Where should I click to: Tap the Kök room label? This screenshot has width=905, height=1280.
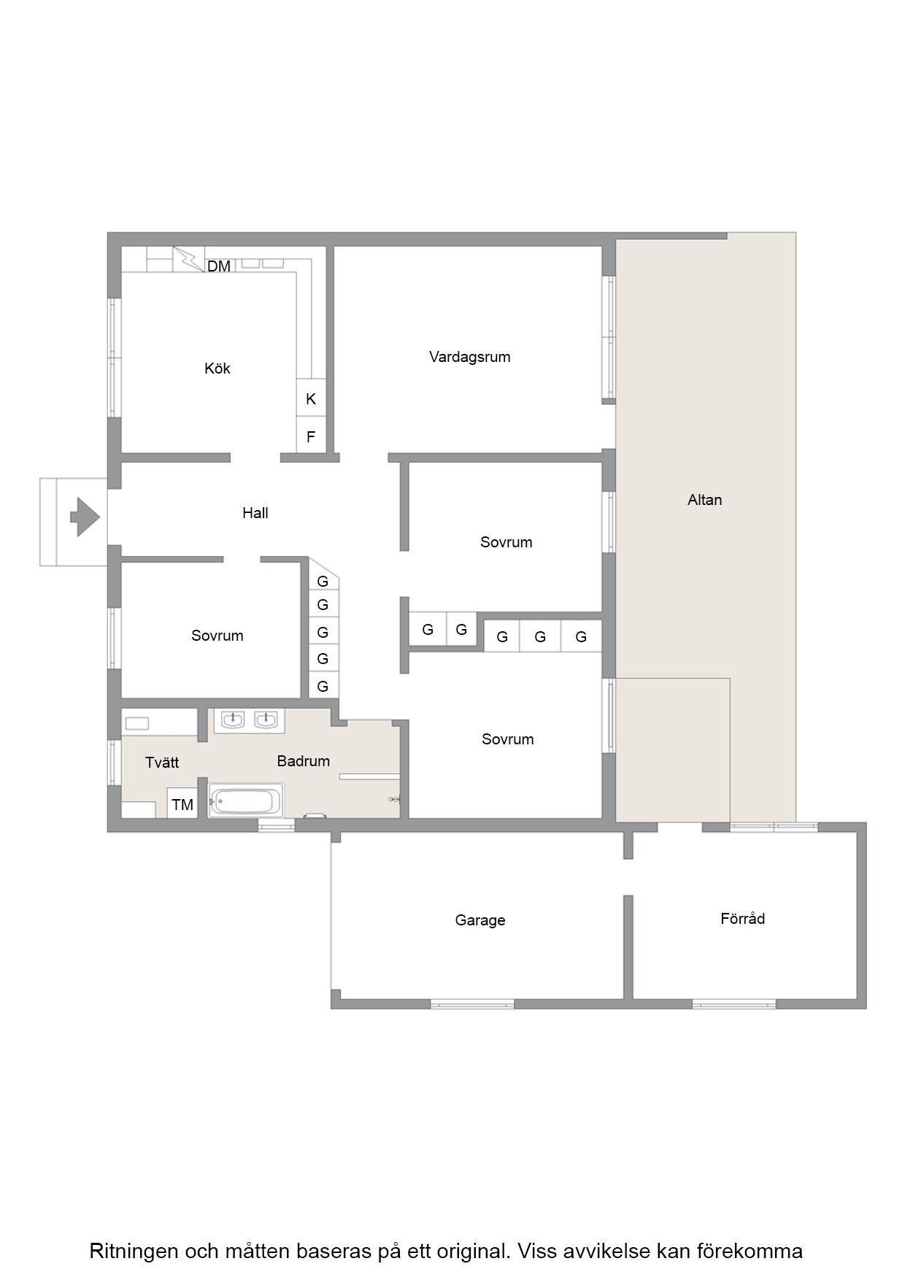point(217,369)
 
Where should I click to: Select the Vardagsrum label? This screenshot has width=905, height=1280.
point(470,357)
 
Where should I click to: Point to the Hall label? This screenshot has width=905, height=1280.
point(255,513)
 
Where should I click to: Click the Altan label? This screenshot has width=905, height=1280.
point(705,500)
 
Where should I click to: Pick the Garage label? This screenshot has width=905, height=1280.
point(480,920)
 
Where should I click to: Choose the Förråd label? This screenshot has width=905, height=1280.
point(743,919)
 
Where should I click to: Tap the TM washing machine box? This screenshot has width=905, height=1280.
point(182,803)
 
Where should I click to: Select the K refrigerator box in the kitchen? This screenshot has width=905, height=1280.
point(311,398)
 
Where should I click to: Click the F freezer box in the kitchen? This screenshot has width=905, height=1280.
point(311,436)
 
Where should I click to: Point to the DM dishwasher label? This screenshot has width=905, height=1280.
point(219,266)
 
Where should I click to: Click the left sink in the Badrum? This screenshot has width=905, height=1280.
point(232,720)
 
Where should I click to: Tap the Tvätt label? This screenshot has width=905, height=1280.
point(162,763)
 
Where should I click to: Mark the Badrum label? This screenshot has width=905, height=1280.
point(304,761)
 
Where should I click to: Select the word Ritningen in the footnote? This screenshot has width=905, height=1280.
point(134,1251)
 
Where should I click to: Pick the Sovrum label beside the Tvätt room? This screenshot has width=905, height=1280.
point(217,636)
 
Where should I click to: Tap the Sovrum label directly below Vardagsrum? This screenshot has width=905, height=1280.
point(507,542)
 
